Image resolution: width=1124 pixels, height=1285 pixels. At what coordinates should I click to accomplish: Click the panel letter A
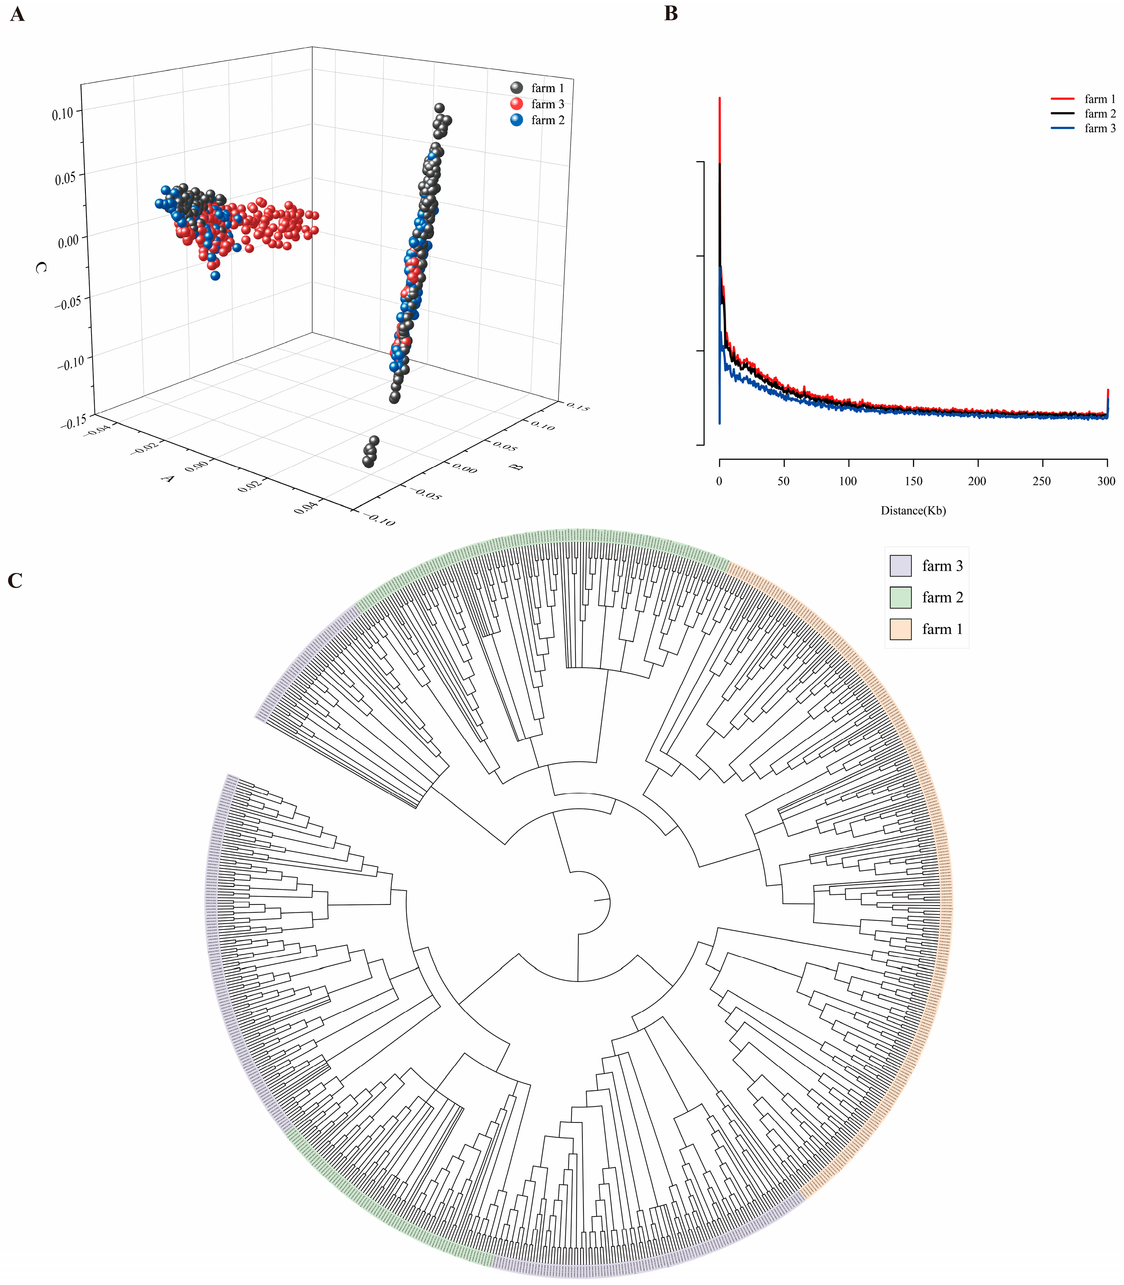click(x=18, y=14)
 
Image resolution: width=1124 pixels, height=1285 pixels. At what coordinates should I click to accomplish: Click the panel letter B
click(x=671, y=14)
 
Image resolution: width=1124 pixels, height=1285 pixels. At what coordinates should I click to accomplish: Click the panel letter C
click(x=15, y=581)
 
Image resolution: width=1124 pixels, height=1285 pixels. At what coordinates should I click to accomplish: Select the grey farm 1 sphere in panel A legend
click(x=516, y=88)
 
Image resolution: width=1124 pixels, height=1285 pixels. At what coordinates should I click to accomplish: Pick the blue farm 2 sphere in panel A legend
click(x=516, y=120)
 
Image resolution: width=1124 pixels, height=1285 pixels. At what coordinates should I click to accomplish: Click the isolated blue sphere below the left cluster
click(x=215, y=275)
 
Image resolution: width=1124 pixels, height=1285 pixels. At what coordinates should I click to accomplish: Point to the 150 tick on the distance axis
click(x=913, y=481)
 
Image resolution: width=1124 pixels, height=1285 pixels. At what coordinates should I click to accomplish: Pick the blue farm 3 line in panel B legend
click(x=1062, y=128)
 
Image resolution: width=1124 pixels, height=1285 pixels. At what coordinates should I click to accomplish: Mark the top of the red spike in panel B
click(x=720, y=98)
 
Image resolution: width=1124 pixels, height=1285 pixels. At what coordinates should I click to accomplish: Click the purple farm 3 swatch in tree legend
click(x=900, y=565)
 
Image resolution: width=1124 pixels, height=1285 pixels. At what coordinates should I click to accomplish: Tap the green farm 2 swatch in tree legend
click(x=900, y=597)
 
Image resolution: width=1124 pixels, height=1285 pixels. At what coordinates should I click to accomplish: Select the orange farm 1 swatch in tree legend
click(x=900, y=629)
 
